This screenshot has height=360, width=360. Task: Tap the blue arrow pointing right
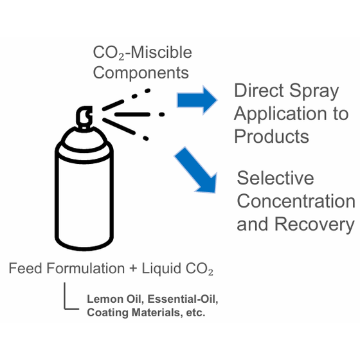(x=197, y=100)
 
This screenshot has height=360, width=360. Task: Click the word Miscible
(x=161, y=53)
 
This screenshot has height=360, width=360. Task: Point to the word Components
(x=141, y=73)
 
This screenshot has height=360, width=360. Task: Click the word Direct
(x=259, y=90)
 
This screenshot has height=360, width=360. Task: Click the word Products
(x=271, y=136)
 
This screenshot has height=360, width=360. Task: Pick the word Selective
(x=275, y=178)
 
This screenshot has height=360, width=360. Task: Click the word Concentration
(x=296, y=201)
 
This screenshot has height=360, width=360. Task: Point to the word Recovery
(x=314, y=225)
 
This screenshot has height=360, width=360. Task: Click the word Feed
(x=26, y=268)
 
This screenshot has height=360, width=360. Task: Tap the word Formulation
(x=85, y=268)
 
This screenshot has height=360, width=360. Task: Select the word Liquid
(x=161, y=269)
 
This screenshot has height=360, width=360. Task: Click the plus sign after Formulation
(x=133, y=269)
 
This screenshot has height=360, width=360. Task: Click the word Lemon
(x=105, y=299)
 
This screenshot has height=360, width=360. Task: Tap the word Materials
(x=157, y=312)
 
